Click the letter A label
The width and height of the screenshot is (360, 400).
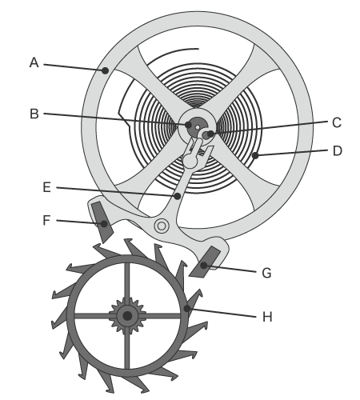pyautogui.click(x=34, y=62)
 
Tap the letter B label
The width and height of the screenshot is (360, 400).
pyautogui.click(x=34, y=114)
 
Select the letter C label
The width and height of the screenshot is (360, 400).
pyautogui.click(x=337, y=123)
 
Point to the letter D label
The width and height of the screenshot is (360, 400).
pyautogui.click(x=338, y=151)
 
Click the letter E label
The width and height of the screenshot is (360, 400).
pyautogui.click(x=47, y=187)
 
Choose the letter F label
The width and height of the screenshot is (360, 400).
pyautogui.click(x=46, y=220)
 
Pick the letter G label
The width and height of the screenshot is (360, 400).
pyautogui.click(x=266, y=274)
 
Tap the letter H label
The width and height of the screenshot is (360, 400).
pyautogui.click(x=267, y=317)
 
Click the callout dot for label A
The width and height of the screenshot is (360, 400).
pyautogui.click(x=106, y=70)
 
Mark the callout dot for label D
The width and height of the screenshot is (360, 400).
pyautogui.click(x=255, y=155)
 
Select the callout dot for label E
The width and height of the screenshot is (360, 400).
pyautogui.click(x=178, y=196)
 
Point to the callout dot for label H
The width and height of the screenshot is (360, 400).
pyautogui.click(x=187, y=309)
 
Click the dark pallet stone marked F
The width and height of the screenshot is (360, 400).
pyautogui.click(x=102, y=222)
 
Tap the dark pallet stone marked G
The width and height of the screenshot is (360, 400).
pyautogui.click(x=205, y=262)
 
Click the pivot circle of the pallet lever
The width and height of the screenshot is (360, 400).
pyautogui.click(x=162, y=226)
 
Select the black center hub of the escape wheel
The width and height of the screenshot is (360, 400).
pyautogui.click(x=127, y=316)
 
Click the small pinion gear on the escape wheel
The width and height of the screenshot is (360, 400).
pyautogui.click(x=127, y=316)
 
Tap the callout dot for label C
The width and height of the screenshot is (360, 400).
pyautogui.click(x=210, y=134)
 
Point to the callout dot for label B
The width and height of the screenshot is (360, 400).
pyautogui.click(x=188, y=125)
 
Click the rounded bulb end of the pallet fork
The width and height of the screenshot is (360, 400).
pyautogui.click(x=190, y=161)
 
